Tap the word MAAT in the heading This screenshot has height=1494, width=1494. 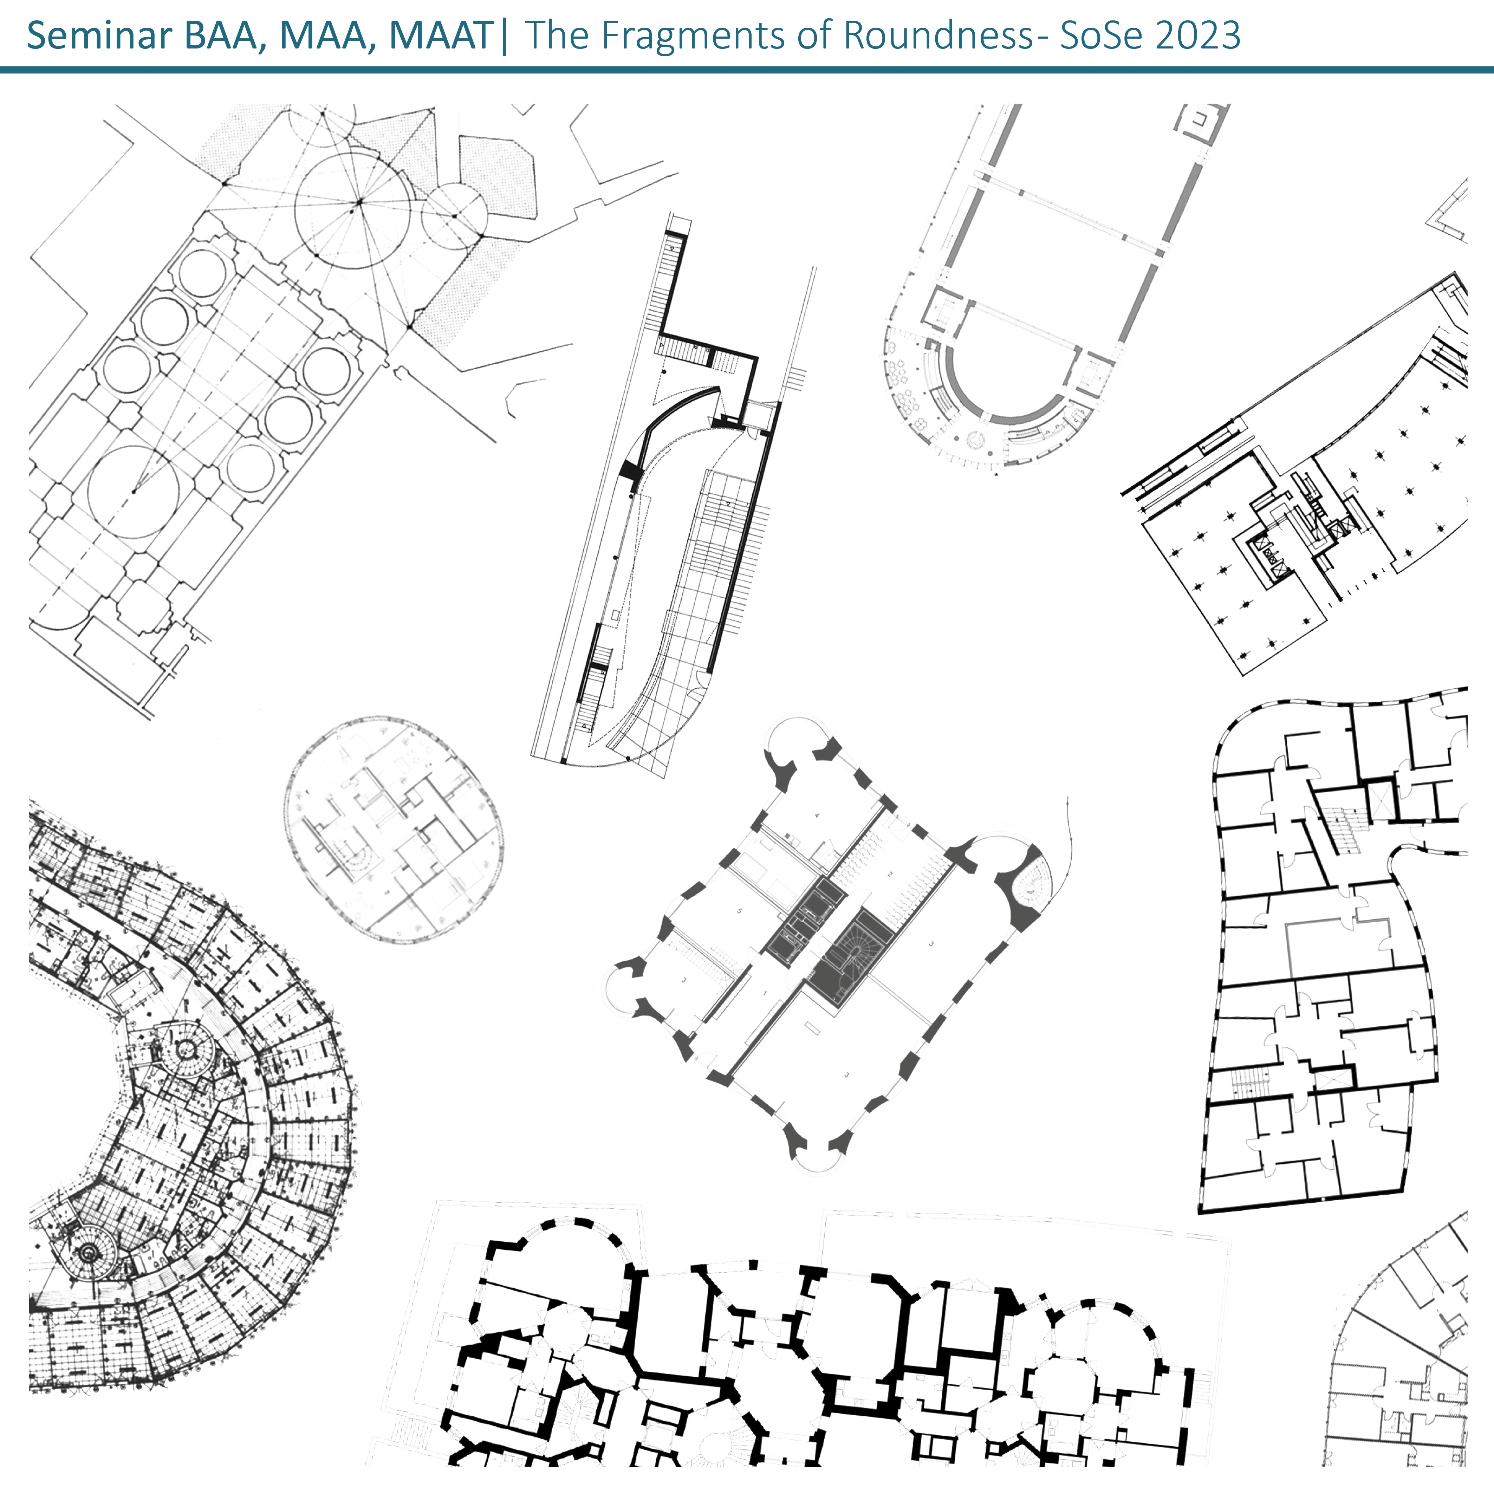click(x=441, y=35)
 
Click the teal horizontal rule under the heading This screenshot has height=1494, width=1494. click(x=747, y=70)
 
